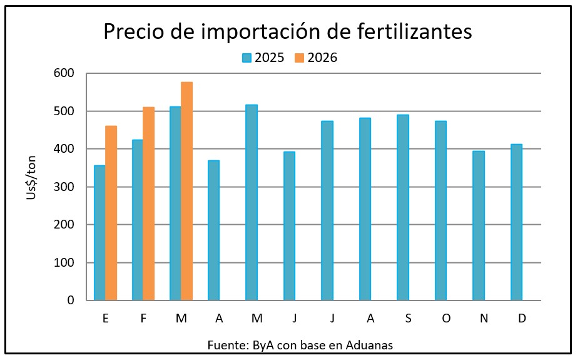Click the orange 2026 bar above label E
tap(111, 213)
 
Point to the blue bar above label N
tap(479, 225)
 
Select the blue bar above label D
tap(516, 222)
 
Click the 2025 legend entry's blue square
tap(247, 58)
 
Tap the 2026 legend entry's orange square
tap(300, 58)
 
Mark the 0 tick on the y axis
tap(70, 301)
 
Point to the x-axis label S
tap(408, 319)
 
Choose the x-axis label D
tap(522, 319)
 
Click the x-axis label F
tap(143, 319)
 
